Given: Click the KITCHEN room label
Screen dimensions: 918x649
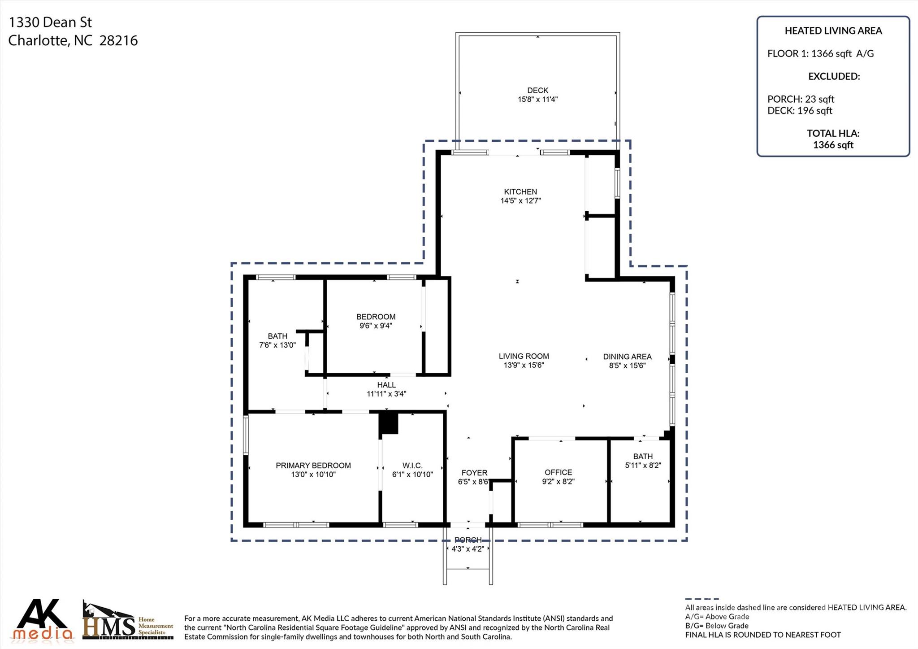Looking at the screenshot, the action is click(x=520, y=192).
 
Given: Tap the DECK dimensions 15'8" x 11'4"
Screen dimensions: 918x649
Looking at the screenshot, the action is click(x=537, y=100).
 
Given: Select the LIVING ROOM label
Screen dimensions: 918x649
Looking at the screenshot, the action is click(x=524, y=357).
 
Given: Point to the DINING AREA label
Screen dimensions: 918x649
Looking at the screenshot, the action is click(x=627, y=357).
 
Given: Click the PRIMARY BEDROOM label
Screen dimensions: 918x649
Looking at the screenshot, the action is click(x=313, y=466).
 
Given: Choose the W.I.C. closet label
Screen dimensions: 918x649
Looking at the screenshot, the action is click(x=412, y=466).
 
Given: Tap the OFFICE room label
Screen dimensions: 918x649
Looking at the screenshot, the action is click(x=558, y=473).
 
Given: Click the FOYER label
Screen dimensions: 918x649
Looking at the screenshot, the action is click(x=474, y=473).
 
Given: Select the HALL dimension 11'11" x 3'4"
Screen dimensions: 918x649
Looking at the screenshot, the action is click(x=386, y=394).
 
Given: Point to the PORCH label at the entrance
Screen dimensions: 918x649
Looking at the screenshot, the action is click(x=468, y=540).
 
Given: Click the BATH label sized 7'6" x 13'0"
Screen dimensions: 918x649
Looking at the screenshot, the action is click(x=277, y=336).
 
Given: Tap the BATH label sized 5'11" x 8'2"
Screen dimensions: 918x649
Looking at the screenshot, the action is click(x=643, y=457).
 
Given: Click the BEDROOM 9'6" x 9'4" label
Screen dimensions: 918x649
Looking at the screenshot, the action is click(x=376, y=317).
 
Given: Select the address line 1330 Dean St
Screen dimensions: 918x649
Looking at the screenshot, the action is click(x=50, y=22).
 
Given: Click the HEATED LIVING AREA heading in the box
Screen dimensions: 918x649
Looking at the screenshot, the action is click(x=833, y=31).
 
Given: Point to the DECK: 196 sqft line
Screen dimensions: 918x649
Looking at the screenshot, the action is click(x=800, y=111).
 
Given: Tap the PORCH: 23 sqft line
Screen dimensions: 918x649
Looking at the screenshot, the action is click(x=801, y=99).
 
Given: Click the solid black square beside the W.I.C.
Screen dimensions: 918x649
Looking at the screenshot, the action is click(x=389, y=423).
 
